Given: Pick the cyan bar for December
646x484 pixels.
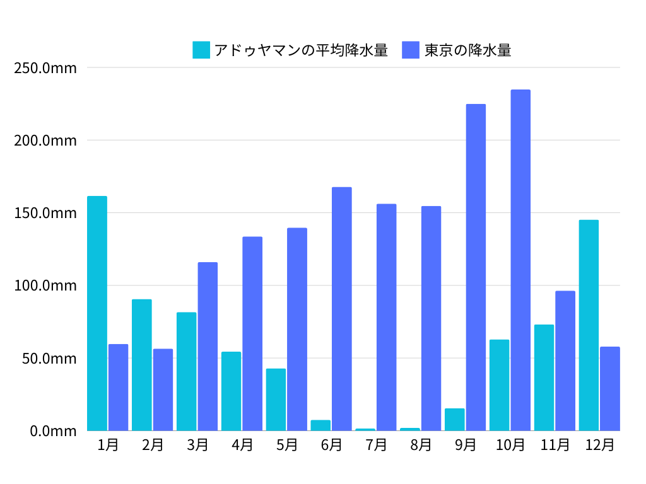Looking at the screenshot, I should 589,325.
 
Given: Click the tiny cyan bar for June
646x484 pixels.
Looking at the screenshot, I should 320,425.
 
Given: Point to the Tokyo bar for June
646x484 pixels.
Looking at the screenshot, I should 342,309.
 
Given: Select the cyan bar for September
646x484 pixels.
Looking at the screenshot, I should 454,420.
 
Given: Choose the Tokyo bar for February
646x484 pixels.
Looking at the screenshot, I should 163,389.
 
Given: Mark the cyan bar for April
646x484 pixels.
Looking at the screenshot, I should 231,391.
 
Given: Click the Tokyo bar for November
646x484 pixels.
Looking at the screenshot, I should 565,360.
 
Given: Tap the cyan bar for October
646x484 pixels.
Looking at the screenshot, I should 499,385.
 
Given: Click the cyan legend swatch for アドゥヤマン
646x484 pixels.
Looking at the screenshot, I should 201,50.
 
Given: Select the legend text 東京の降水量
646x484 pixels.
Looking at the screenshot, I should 467,50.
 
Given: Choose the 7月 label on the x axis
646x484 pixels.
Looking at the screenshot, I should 377,445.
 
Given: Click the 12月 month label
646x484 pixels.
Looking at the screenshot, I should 599,445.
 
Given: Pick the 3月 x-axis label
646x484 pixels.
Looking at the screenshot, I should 197,445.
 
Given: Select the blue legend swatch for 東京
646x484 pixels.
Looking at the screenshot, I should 411,50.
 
